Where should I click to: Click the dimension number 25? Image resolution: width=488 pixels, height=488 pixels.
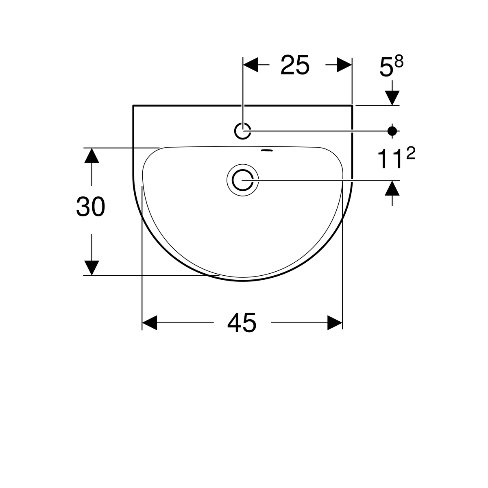[295, 65]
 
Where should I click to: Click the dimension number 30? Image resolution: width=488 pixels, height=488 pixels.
[90, 207]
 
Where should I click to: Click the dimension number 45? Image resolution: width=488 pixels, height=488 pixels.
[242, 322]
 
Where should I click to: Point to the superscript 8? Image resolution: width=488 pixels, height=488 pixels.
[399, 62]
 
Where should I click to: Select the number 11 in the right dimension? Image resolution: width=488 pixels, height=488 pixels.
[389, 159]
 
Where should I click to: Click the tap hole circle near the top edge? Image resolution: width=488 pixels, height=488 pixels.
[242, 131]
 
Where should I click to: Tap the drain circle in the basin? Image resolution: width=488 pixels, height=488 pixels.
[242, 180]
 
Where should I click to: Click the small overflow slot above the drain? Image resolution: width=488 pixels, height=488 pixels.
[267, 150]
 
